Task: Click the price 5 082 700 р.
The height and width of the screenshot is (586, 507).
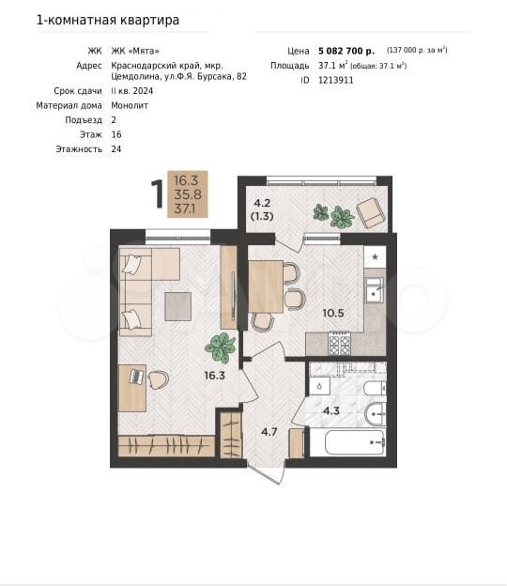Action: pos(346,51)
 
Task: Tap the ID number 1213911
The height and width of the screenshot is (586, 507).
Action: pos(335,81)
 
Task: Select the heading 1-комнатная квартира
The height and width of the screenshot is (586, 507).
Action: pos(108,20)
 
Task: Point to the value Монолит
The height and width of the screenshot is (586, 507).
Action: pos(130,106)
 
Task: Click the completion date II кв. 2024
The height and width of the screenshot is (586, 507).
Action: pos(132,91)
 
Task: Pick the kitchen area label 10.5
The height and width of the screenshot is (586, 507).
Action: pos(333,313)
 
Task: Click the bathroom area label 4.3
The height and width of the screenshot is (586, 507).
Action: pos(331,411)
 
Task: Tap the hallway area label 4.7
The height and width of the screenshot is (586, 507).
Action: pos(269,432)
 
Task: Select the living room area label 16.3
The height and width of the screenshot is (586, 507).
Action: pos(214,376)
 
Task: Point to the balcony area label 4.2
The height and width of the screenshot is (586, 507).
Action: pos(262,203)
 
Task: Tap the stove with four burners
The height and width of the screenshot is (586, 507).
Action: pos(340,344)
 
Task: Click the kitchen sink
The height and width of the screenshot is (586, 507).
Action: pos(374,290)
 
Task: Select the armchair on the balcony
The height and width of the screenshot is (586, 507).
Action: pos(370,212)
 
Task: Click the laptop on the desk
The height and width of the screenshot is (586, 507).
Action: pos(137,377)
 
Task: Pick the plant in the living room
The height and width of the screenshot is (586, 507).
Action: pos(220,347)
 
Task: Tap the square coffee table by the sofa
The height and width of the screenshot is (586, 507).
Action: pos(178,306)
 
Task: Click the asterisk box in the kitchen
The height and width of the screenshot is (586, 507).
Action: pos(376,257)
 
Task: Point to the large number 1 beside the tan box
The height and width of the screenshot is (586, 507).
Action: pos(158,194)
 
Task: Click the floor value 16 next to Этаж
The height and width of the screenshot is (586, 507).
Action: pos(116,135)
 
